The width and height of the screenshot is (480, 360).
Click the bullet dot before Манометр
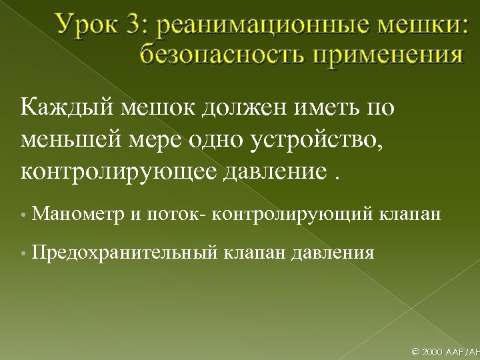tap(23, 215)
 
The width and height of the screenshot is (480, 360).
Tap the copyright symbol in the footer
tap(417, 350)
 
